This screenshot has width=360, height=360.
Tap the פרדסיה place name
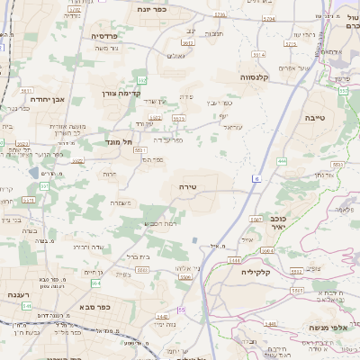point(111,36)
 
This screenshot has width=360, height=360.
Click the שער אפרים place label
point(318,67)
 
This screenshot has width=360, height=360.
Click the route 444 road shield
point(282,161)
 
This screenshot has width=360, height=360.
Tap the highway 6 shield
point(256,178)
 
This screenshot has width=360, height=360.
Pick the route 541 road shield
point(27,307)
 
